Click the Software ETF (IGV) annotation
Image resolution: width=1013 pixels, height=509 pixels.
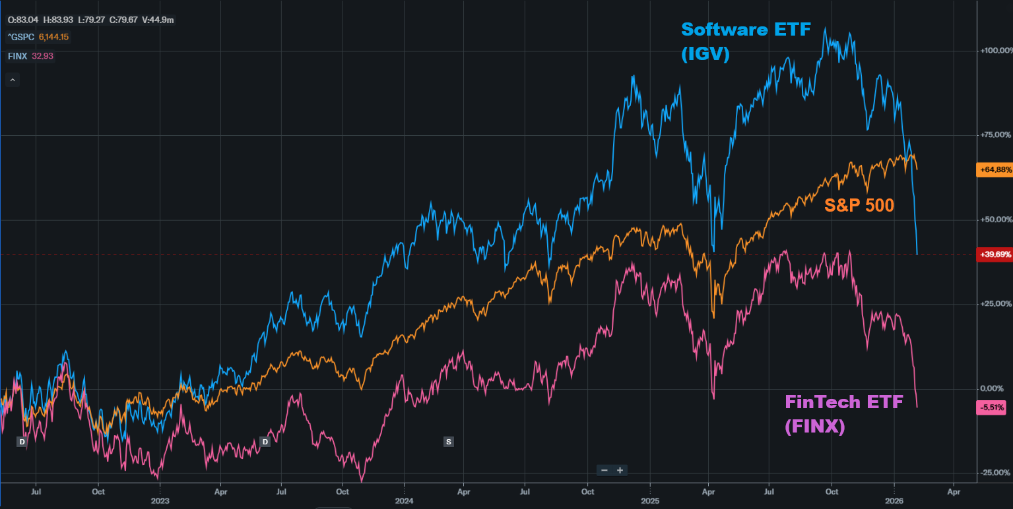746,41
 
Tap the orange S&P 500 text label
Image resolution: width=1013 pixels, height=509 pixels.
859,206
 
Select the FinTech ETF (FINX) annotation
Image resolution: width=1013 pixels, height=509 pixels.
843,413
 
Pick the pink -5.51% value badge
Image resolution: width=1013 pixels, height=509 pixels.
991,407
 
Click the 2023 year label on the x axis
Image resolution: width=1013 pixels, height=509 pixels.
160,501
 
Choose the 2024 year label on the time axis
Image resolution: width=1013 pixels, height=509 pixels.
404,501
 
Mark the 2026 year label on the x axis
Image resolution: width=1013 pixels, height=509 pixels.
894,501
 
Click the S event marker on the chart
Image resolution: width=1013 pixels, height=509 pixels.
449,441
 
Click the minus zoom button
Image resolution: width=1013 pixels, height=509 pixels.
604,470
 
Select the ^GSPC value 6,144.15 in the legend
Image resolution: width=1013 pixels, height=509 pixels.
53,38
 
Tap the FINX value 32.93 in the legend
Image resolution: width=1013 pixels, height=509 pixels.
42,56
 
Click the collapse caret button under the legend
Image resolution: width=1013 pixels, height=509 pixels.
13,80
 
